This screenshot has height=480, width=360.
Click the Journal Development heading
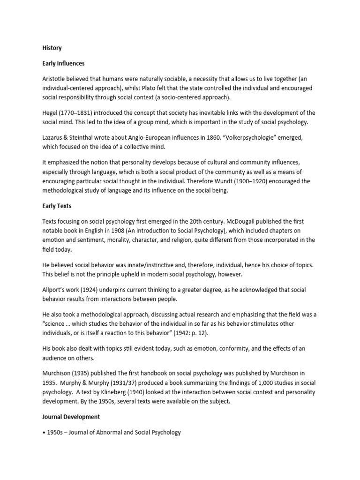(x=70, y=417)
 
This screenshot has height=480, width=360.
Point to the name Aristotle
(x=54, y=78)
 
